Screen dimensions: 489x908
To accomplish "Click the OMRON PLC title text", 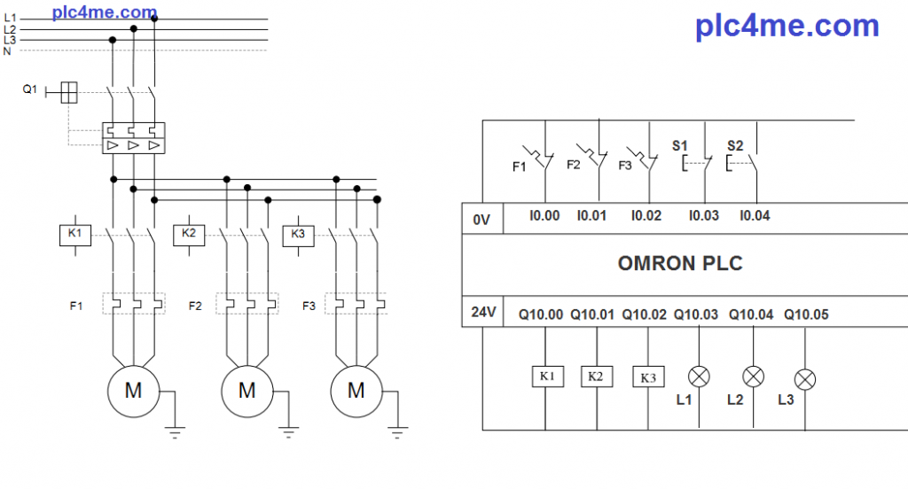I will click(x=680, y=263).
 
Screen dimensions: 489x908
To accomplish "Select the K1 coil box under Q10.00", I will click(x=547, y=376).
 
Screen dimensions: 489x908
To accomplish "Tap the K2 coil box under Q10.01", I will click(x=596, y=376).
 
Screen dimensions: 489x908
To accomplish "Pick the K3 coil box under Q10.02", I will click(x=648, y=377).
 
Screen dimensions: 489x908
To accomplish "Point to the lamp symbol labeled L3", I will click(x=805, y=379).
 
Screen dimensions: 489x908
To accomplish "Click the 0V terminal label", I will click(x=481, y=220).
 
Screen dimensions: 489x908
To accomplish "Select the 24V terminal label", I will click(x=481, y=313).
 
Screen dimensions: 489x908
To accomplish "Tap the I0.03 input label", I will click(x=704, y=215).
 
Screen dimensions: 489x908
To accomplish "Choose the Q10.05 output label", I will click(x=806, y=314).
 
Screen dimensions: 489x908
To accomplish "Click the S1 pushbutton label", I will click(x=680, y=144).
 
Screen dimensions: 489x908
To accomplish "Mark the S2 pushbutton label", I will click(x=735, y=145).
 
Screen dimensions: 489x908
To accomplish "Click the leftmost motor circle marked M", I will click(x=133, y=390).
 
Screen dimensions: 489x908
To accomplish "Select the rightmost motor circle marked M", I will click(x=356, y=390).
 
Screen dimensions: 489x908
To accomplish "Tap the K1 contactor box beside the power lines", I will click(x=75, y=234).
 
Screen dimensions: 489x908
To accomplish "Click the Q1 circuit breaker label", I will click(x=30, y=89).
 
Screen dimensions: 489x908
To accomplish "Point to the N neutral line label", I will click(x=7, y=51).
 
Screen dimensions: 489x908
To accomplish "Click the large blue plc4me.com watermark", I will click(x=787, y=26).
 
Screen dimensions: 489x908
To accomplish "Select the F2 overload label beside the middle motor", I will click(x=195, y=307).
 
